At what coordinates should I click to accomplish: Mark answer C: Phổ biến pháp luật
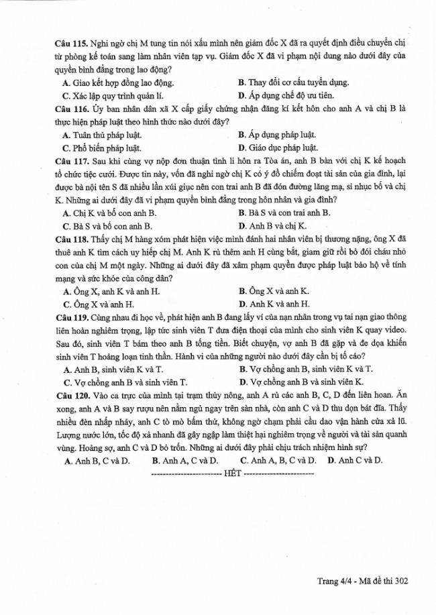[x=102, y=148]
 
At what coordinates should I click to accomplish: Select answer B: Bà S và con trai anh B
[x=284, y=213]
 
